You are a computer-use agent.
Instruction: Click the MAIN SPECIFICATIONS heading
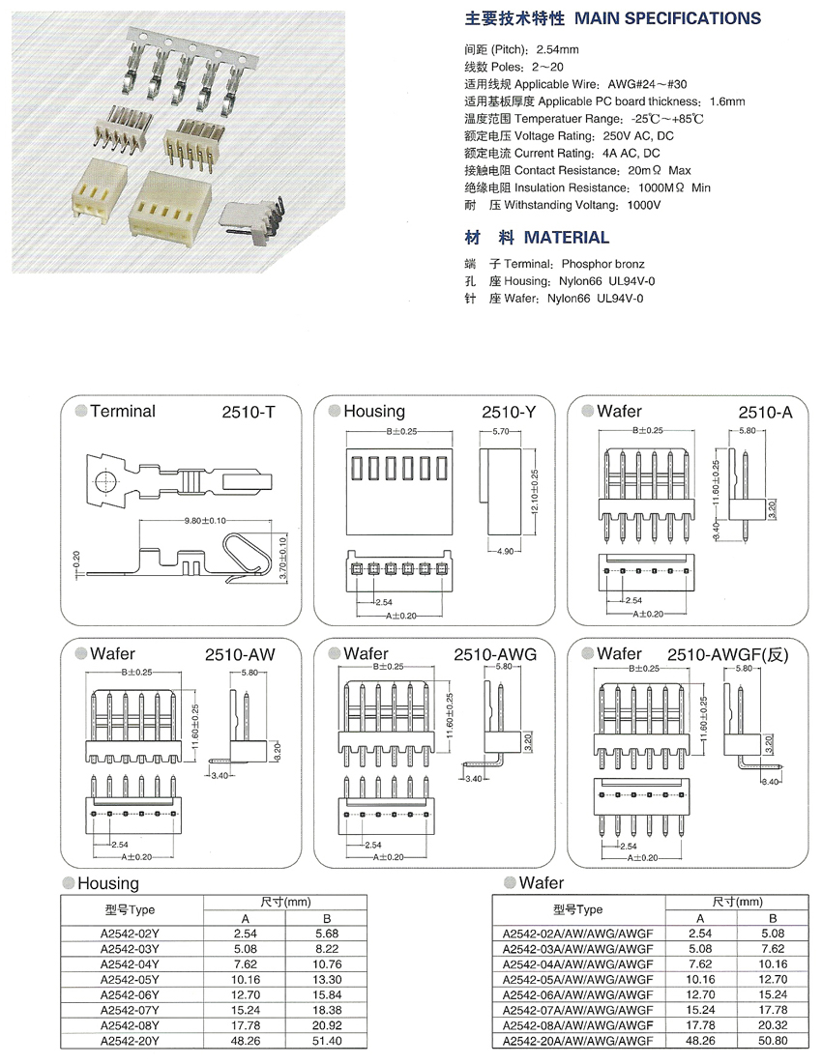click(667, 18)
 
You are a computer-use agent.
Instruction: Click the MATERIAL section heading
click(566, 237)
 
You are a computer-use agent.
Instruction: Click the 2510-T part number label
click(250, 413)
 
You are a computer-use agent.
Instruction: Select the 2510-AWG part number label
click(495, 654)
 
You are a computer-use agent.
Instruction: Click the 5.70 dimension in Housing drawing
click(501, 431)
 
